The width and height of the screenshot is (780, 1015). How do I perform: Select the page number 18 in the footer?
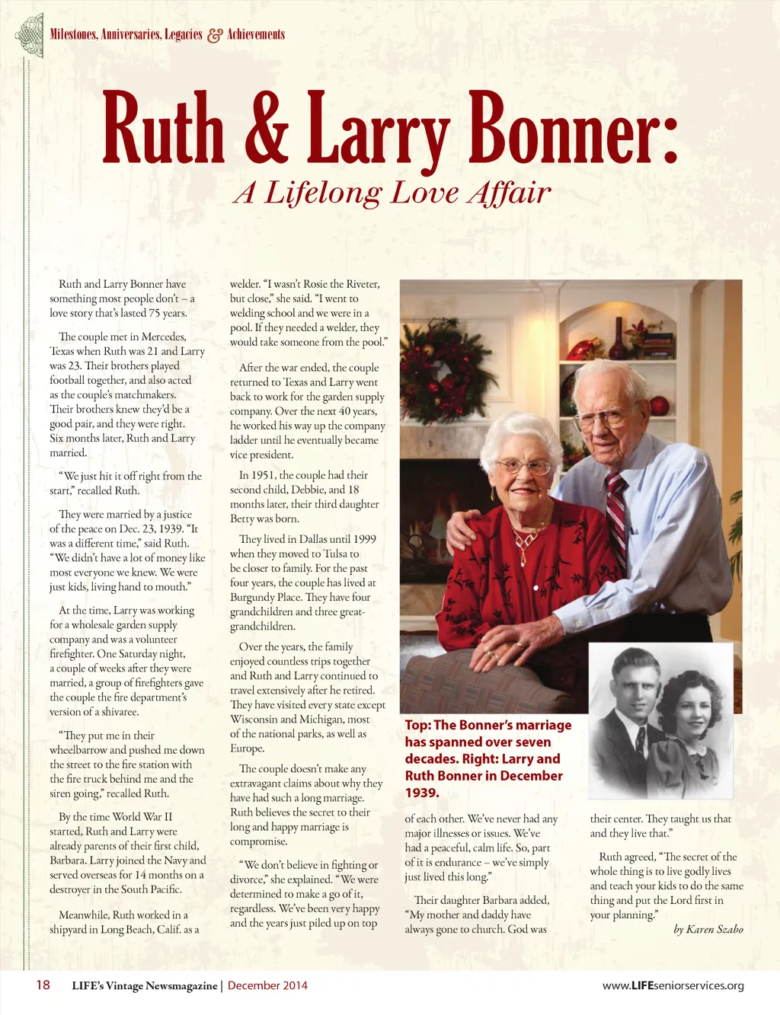[x=43, y=985]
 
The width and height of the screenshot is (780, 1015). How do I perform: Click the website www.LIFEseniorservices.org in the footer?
[x=673, y=985]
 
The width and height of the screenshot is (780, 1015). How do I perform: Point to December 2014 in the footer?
[x=267, y=985]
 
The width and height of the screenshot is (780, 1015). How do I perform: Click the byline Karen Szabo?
[x=714, y=929]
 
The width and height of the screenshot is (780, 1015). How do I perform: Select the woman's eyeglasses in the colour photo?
[x=523, y=466]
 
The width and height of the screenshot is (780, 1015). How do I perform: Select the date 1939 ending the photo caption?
[x=422, y=793]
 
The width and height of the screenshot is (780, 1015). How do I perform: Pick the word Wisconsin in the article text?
[x=257, y=720]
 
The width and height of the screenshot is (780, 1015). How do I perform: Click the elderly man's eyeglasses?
[x=602, y=417]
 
